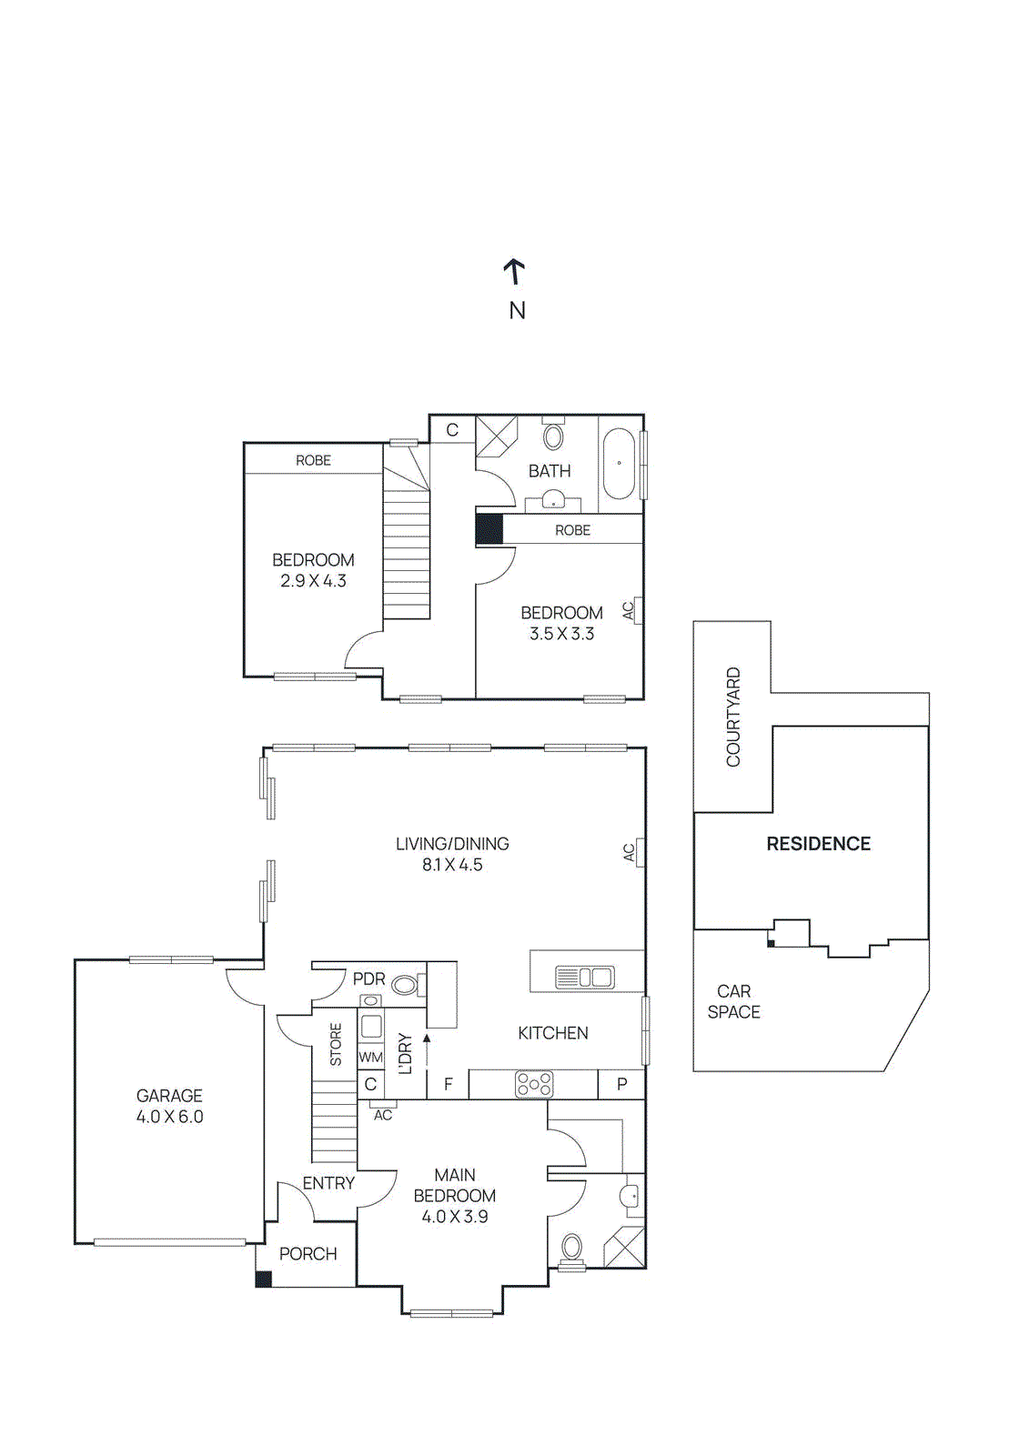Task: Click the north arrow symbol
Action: click(x=514, y=272)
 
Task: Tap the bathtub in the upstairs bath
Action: click(x=620, y=463)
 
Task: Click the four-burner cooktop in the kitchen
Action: click(x=534, y=1083)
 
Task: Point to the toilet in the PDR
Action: click(x=409, y=986)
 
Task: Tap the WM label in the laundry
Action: click(x=370, y=1057)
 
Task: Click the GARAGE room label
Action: click(x=169, y=1096)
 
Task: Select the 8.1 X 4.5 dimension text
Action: click(x=452, y=865)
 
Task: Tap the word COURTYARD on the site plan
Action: click(x=733, y=717)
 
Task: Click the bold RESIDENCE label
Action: click(x=819, y=843)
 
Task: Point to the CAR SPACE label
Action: click(x=734, y=1001)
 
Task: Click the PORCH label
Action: click(x=308, y=1254)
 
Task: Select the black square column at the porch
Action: click(x=263, y=1279)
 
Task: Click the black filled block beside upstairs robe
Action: click(x=489, y=529)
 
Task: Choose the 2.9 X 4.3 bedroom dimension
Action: click(x=313, y=581)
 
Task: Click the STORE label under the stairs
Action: click(x=336, y=1045)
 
